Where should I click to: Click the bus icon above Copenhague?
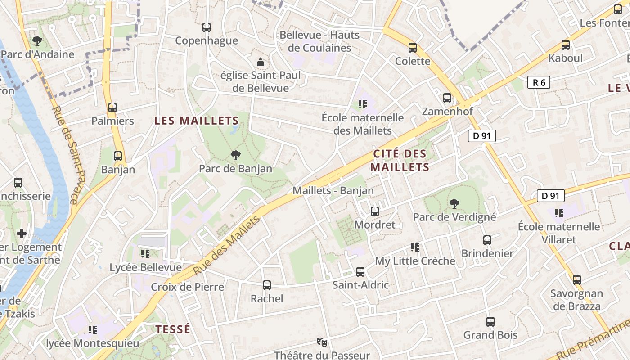coord(207,27)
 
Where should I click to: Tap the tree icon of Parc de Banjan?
coord(235,156)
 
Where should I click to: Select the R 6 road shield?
coord(539,82)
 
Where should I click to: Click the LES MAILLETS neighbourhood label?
coord(196,121)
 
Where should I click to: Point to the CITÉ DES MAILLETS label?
coord(400,161)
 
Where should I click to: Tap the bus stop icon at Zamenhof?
coord(447,98)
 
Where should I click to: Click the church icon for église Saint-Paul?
coord(260,62)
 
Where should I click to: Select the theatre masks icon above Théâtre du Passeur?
coord(322,342)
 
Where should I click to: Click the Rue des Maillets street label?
coord(227,246)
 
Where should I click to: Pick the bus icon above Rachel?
coord(267,285)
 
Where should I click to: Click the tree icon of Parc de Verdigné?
coord(454,204)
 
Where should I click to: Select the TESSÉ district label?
coord(173,329)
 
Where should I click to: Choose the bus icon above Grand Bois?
coord(490,322)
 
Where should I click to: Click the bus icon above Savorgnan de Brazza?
coord(577,280)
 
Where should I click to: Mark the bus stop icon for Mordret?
coord(374,211)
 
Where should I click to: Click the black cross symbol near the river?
coord(21,234)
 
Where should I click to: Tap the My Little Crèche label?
coord(415,261)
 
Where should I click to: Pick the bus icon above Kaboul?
coord(566,45)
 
